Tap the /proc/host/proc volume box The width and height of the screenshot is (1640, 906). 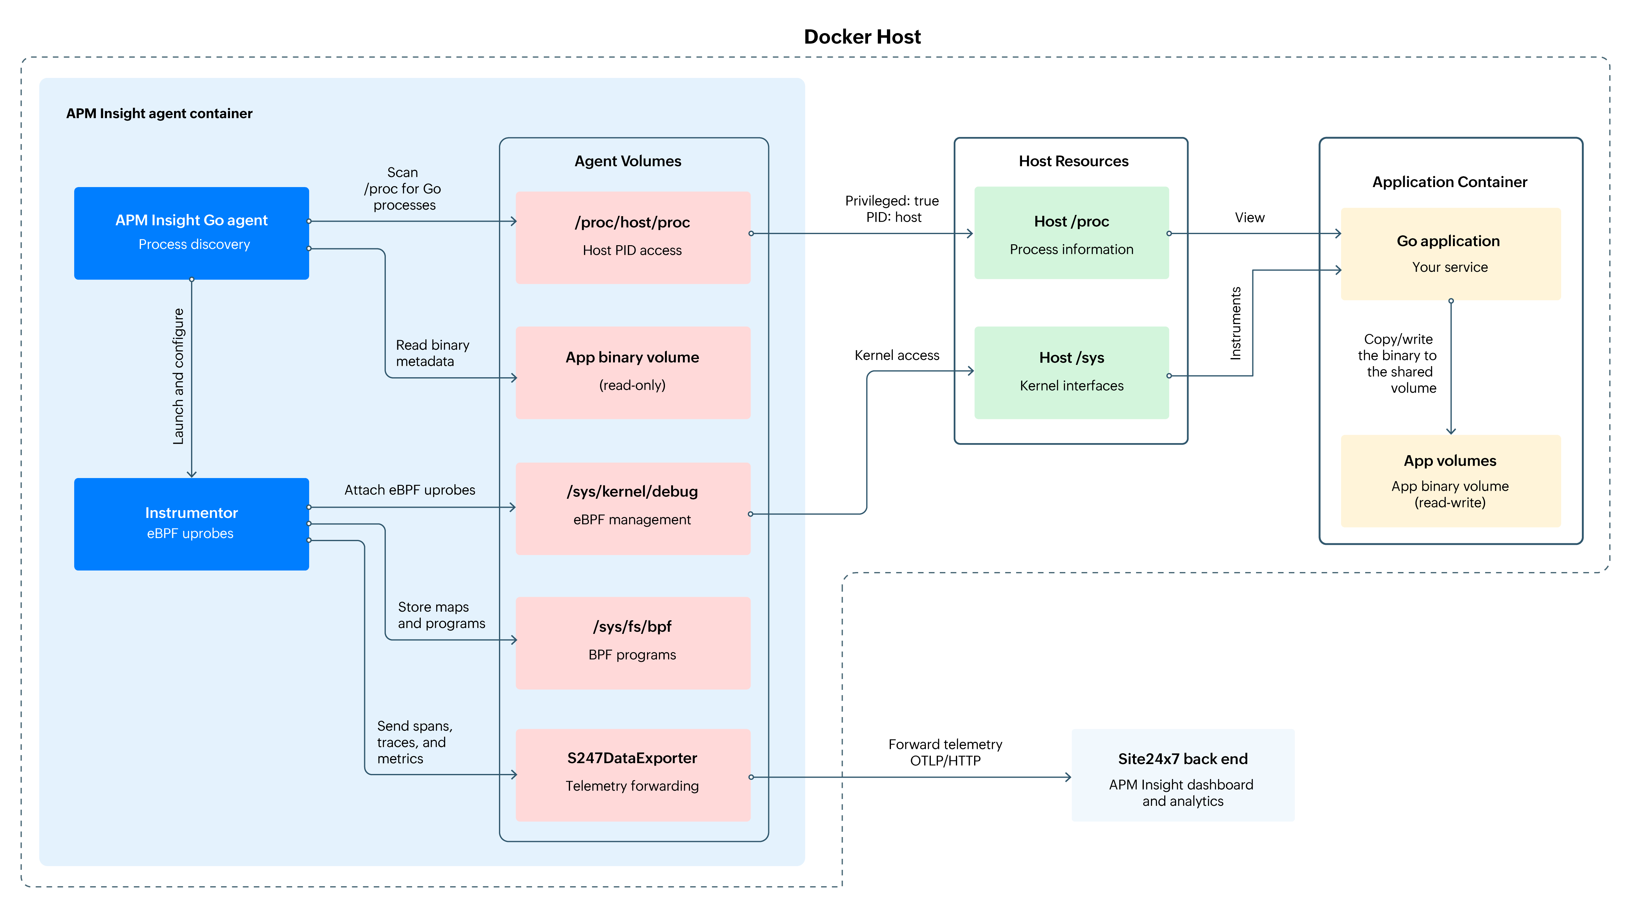[x=632, y=237]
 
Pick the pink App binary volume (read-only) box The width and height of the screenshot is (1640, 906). [x=632, y=373]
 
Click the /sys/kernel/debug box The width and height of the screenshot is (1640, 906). [x=632, y=508]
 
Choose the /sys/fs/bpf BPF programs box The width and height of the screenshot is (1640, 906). [x=632, y=643]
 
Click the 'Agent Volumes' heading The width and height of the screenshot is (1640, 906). [x=628, y=161]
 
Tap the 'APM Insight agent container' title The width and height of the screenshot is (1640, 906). [x=159, y=113]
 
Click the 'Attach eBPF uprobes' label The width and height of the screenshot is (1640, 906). [x=409, y=489]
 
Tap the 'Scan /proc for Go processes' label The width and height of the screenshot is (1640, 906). [x=403, y=188]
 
